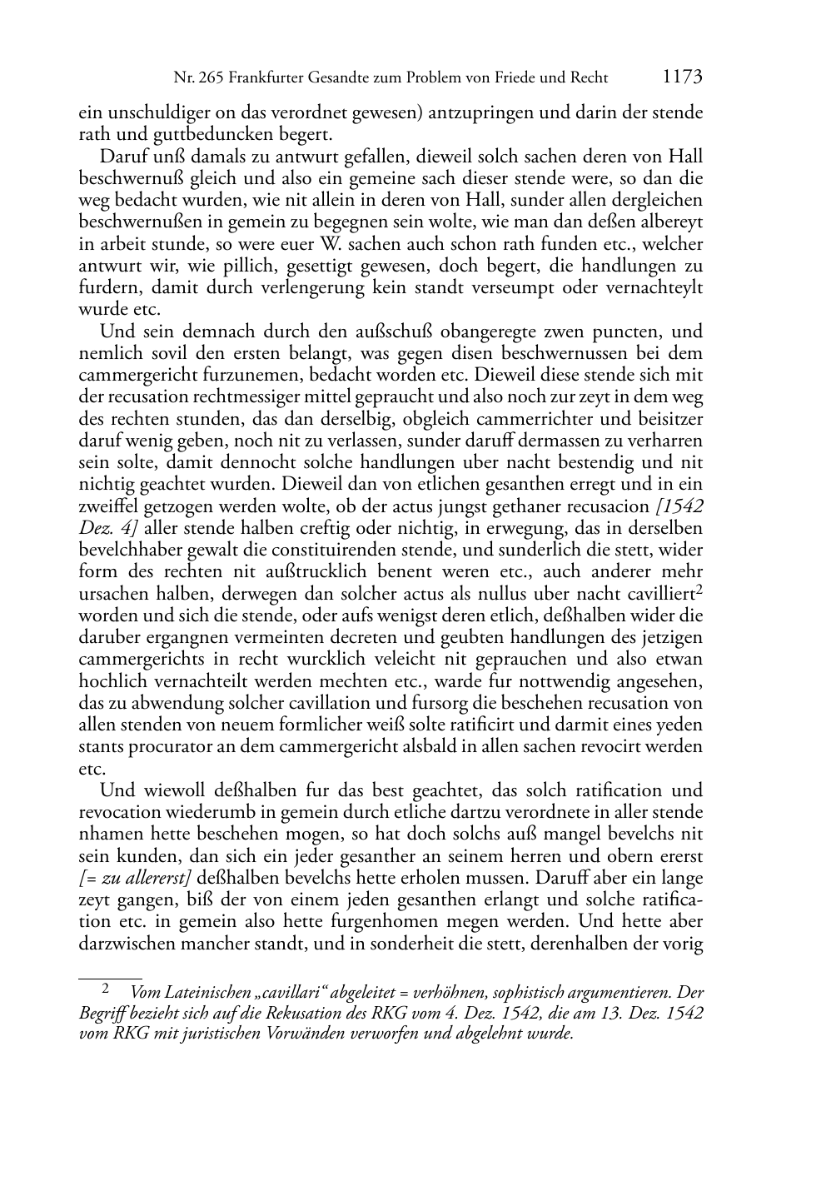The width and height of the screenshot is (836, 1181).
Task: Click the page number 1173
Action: [683, 77]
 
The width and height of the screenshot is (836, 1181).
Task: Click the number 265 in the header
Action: [210, 78]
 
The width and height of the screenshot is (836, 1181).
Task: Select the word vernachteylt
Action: [656, 287]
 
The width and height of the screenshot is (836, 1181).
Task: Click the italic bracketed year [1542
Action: [679, 506]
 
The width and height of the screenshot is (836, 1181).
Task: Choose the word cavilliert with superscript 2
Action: [657, 594]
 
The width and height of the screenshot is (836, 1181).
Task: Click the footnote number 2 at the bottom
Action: [105, 989]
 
